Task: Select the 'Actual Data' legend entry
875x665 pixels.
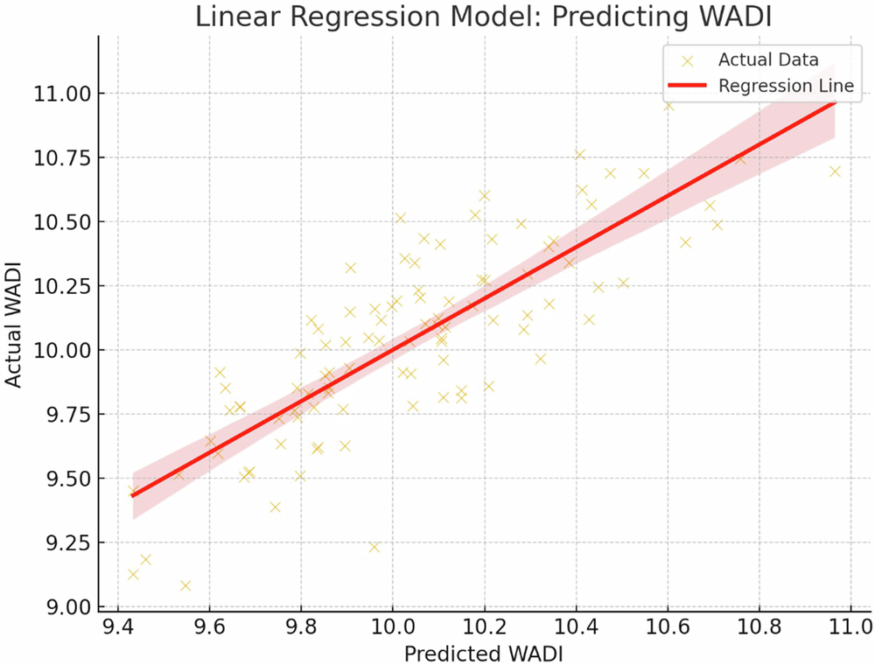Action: pos(767,60)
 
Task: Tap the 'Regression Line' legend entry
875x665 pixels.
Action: pos(785,86)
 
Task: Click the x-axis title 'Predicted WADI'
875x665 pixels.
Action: pos(484,652)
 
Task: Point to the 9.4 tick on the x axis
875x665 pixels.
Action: pos(119,627)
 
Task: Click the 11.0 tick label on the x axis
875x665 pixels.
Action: pos(850,627)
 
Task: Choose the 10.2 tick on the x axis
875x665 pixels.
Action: pos(484,627)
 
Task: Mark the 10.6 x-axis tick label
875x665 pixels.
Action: pos(667,627)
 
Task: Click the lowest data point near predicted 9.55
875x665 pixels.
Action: pos(185,585)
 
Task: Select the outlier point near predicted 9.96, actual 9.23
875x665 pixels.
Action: pos(374,547)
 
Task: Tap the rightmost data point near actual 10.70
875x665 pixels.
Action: pos(835,171)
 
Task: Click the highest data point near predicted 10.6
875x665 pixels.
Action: pos(668,105)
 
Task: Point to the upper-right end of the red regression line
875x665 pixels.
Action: pos(835,101)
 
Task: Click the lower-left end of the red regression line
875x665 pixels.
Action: pos(132,495)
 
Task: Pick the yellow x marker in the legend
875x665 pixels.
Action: pos(687,60)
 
